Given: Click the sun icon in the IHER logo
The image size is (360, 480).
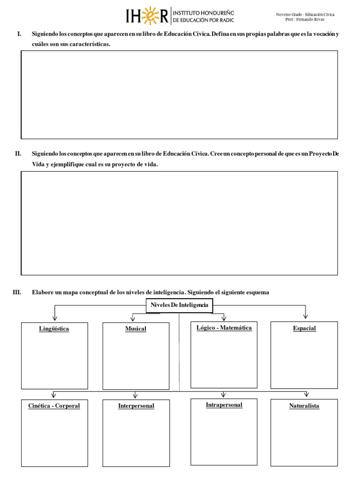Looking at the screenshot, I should coord(149,15).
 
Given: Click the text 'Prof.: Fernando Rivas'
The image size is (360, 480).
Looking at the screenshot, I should coord(305,20).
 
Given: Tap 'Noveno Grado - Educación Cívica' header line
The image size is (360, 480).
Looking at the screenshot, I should coord(305,15).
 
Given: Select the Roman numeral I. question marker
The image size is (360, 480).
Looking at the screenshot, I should coord(19,34).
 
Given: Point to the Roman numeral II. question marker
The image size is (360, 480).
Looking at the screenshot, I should coord(18,154).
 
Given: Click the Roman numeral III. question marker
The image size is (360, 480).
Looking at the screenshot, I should coord(17,292).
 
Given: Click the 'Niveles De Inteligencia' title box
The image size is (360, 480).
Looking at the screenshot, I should coord(180,306).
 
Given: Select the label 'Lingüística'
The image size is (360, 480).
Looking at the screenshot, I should coord(54,329).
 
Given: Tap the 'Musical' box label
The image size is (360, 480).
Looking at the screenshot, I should coord(135,329).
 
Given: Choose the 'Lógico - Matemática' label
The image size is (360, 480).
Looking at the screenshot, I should coord(224,328).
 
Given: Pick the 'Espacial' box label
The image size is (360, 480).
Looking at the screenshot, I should coord(304,329).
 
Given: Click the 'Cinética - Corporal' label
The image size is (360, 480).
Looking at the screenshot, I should coord(54,406).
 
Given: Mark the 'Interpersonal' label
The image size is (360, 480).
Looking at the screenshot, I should coord(136,406).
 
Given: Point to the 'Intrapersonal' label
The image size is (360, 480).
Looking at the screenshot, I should coord(224,405).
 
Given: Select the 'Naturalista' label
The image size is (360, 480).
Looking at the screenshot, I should coord(304,406).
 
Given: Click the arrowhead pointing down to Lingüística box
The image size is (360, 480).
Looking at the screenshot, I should coord(55,318).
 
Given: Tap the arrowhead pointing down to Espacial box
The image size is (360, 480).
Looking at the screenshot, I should coord(306,316).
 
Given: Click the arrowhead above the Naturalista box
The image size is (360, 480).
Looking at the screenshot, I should coord(307,394).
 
